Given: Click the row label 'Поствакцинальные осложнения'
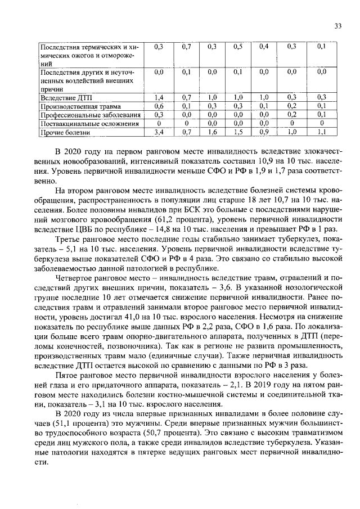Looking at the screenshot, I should pyautogui.click(x=85, y=123).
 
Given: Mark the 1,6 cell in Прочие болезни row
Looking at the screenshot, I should pyautogui.click(x=212, y=132).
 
